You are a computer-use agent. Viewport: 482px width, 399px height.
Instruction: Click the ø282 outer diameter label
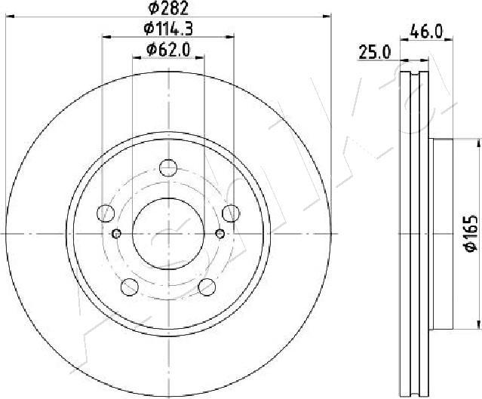tap(167, 8)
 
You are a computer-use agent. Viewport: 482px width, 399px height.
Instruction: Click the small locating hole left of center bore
tap(115, 233)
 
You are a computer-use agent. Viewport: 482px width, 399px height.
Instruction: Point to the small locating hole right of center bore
tap(220, 233)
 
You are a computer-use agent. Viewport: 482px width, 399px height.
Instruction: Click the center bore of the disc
tap(167, 233)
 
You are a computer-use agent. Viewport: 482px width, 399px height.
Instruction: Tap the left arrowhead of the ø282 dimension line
tap(7, 14)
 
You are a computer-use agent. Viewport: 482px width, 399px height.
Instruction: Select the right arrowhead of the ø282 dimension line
tap(327, 14)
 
